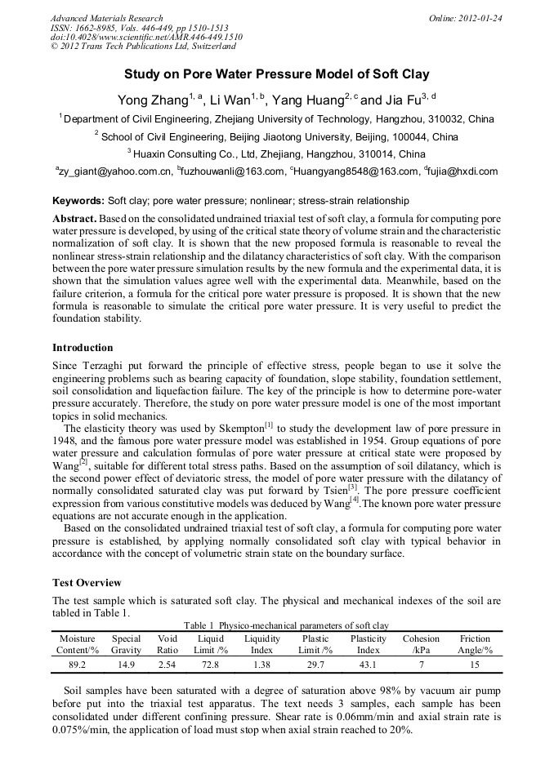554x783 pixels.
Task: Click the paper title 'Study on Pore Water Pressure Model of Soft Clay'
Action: point(276,74)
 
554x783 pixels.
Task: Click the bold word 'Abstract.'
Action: point(75,220)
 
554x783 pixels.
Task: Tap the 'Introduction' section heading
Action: point(83,347)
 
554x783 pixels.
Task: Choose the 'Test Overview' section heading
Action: point(87,583)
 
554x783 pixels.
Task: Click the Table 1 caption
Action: point(276,625)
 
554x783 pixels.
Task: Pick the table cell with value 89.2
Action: point(78,665)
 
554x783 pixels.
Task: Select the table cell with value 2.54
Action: point(168,665)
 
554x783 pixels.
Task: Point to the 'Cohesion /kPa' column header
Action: point(421,644)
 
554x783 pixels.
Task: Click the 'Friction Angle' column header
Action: point(475,644)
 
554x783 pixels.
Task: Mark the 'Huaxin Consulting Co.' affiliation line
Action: point(276,153)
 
